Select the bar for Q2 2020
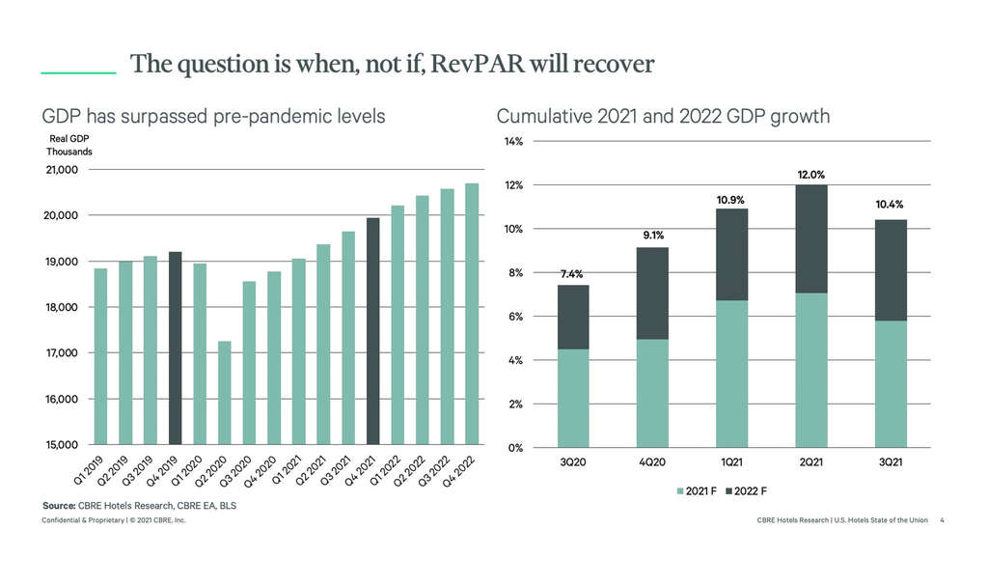tap(224, 392)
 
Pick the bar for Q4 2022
tap(472, 314)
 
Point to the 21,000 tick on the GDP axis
tap(62, 170)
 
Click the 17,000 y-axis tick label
tap(62, 353)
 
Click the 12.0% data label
tap(810, 175)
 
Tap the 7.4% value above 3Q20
tap(573, 275)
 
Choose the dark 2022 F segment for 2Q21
tap(810, 238)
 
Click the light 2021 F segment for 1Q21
tap(731, 374)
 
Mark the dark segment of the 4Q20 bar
tap(652, 293)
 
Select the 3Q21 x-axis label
tap(890, 462)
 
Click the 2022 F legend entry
tap(748, 491)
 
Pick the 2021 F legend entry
tap(700, 491)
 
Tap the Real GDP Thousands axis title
tap(69, 146)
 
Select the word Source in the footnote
tap(59, 505)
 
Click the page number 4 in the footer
tap(942, 520)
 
